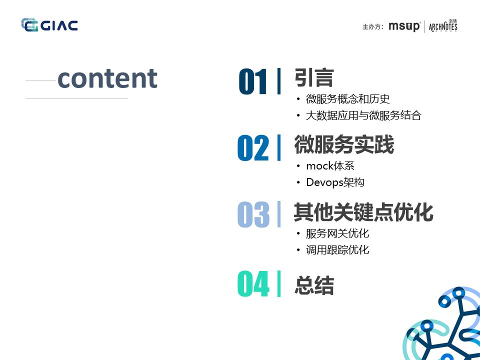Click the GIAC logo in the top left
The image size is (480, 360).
pyautogui.click(x=49, y=25)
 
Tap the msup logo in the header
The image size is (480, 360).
pyautogui.click(x=404, y=26)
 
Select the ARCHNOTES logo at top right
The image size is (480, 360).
pyautogui.click(x=443, y=26)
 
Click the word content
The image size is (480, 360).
pyautogui.click(x=107, y=78)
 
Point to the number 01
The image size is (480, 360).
pyautogui.click(x=253, y=82)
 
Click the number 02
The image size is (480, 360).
pyautogui.click(x=253, y=148)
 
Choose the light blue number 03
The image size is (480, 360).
pyautogui.click(x=253, y=215)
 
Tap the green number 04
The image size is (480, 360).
pyautogui.click(x=253, y=284)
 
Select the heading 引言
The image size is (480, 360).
pyautogui.click(x=314, y=78)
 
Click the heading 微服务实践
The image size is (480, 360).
pyautogui.click(x=344, y=145)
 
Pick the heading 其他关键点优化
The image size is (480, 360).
pyautogui.click(x=363, y=212)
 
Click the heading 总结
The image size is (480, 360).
pyautogui.click(x=314, y=285)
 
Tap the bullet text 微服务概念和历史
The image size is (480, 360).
pyautogui.click(x=348, y=99)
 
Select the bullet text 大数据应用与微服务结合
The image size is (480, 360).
pyautogui.click(x=363, y=115)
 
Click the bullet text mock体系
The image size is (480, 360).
pyautogui.click(x=330, y=166)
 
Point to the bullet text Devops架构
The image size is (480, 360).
pyautogui.click(x=335, y=182)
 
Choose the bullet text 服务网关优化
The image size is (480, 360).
pyautogui.click(x=337, y=233)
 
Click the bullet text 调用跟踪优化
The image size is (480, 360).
pyautogui.click(x=337, y=250)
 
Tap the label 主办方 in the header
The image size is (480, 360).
pyautogui.click(x=372, y=27)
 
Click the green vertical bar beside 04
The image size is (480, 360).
pyautogui.click(x=278, y=283)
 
